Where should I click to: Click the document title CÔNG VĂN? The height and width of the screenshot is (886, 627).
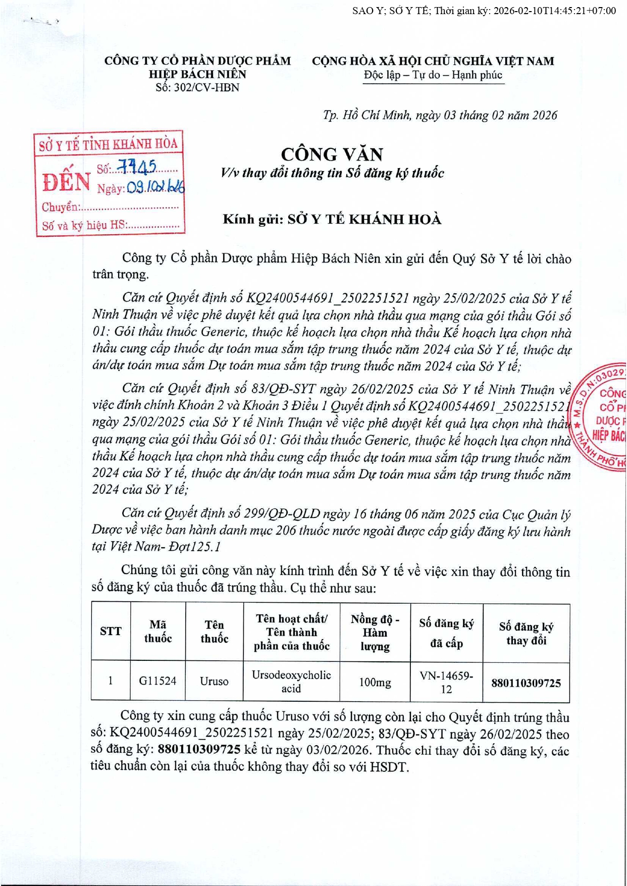332,154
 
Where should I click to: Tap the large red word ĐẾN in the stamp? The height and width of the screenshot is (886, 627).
66,182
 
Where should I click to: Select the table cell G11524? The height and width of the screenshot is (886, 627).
158,681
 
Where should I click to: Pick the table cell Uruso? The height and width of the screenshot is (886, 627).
214,682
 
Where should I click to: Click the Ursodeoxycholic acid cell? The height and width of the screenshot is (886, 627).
291,682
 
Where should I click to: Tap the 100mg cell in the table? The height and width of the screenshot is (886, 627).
375,683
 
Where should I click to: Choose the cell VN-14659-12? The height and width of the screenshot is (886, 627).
446,682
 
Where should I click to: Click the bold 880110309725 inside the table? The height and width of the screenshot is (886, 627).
526,683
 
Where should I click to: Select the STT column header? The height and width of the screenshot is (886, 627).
111,632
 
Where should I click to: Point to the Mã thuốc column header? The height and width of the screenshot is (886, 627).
158,632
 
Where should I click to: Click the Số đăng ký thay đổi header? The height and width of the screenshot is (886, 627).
526,634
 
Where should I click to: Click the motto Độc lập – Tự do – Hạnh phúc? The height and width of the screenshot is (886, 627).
433,75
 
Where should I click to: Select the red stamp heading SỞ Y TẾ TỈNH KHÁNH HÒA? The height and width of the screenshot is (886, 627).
109,145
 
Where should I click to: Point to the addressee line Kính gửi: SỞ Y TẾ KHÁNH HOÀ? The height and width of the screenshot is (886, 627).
332,219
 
